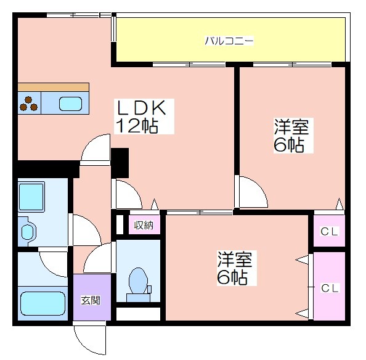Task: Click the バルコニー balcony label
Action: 229,41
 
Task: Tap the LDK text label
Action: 141,108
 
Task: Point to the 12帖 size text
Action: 137,126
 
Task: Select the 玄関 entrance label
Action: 91,300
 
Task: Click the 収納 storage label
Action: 144,225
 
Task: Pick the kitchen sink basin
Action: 70,104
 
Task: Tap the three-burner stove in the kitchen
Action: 29,104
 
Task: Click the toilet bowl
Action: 138,282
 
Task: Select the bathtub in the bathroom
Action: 43,303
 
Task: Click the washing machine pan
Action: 31,197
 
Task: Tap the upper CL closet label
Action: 329,232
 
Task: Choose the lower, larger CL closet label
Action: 330,288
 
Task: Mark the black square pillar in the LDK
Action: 120,163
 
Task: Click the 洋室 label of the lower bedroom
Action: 235,259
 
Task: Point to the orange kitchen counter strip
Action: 54,87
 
